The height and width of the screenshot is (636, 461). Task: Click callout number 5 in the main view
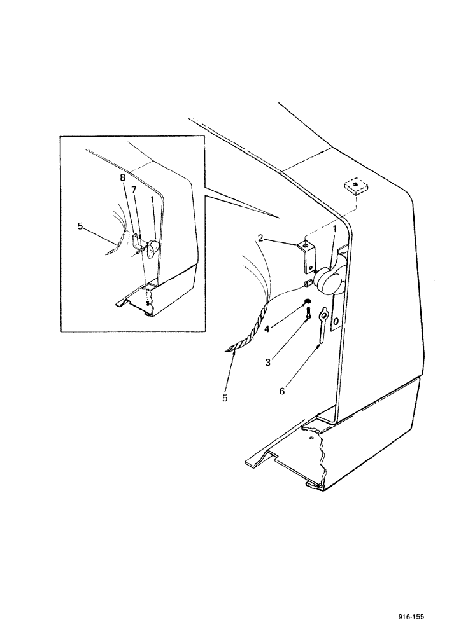pyautogui.click(x=225, y=398)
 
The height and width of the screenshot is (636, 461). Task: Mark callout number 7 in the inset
pyautogui.click(x=134, y=190)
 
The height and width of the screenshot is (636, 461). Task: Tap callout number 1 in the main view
pyautogui.click(x=334, y=228)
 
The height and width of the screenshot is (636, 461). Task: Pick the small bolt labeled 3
pyautogui.click(x=308, y=314)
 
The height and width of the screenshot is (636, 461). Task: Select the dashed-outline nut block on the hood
pyautogui.click(x=353, y=188)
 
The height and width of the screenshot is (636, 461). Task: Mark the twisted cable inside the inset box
pyautogui.click(x=115, y=247)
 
